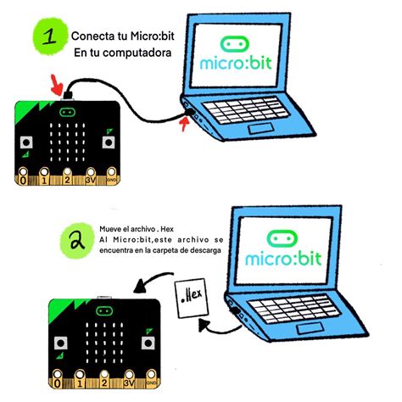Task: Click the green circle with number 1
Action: click(50, 36)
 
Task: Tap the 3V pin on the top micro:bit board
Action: click(88, 178)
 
